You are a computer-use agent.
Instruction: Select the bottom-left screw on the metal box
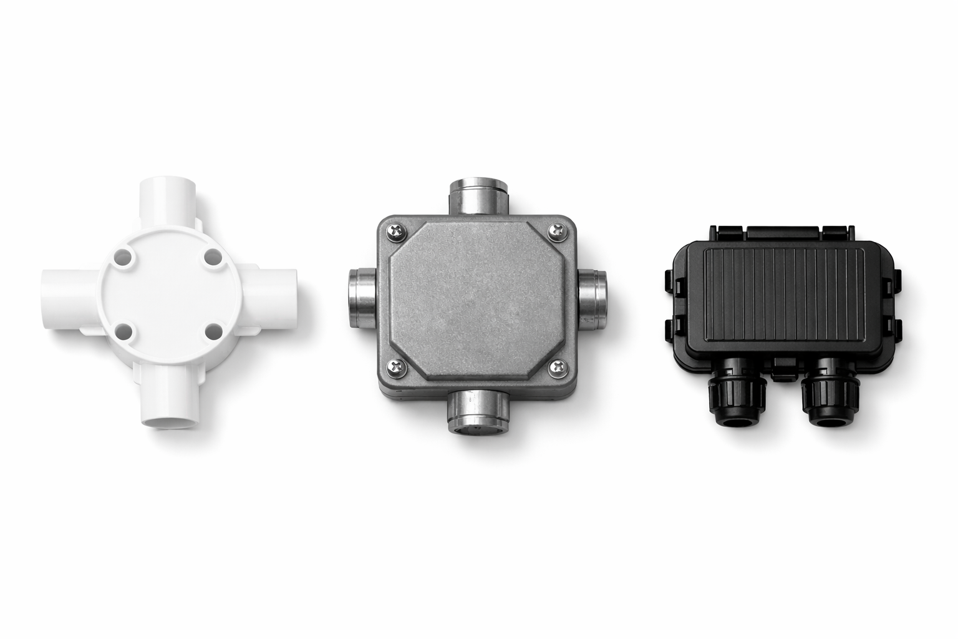pyautogui.click(x=396, y=368)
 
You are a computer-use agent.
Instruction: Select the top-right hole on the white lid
pyautogui.click(x=212, y=256)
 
